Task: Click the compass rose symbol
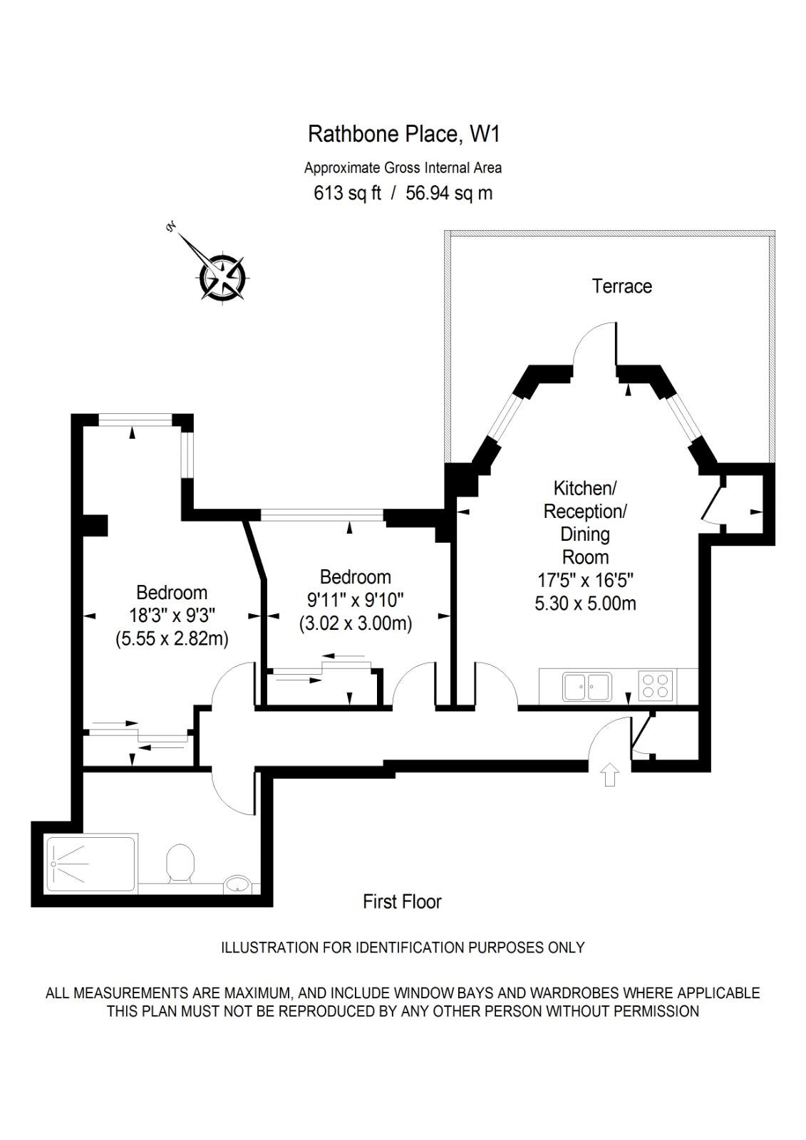(x=222, y=276)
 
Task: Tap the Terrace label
(x=621, y=286)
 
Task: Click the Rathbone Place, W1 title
(x=404, y=134)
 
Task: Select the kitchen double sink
(x=587, y=686)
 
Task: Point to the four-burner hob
(x=656, y=685)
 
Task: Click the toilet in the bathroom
(x=180, y=863)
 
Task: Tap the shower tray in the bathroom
(x=92, y=863)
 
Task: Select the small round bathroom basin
(x=237, y=883)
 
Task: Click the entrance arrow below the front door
(x=610, y=774)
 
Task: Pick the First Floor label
(x=402, y=901)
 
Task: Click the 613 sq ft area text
(x=347, y=193)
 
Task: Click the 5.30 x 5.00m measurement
(x=585, y=603)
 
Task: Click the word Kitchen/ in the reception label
(x=585, y=488)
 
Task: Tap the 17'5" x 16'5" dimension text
(x=585, y=580)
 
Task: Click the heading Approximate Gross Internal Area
(x=403, y=167)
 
